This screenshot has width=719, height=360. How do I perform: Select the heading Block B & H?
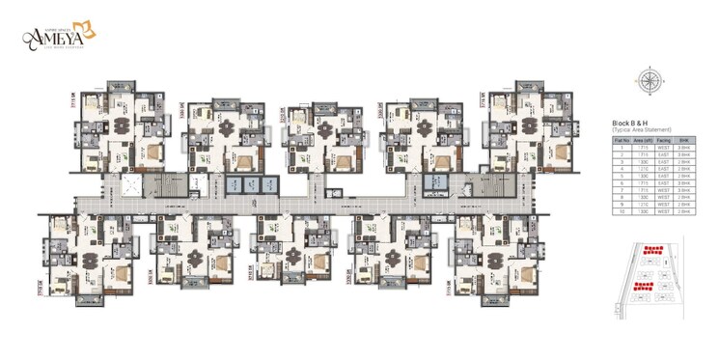[633, 123]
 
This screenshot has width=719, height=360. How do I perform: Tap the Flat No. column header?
[622, 140]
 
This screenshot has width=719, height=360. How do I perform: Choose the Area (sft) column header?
[644, 140]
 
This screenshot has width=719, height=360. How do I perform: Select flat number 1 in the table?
[622, 148]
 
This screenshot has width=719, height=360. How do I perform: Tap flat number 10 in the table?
[622, 210]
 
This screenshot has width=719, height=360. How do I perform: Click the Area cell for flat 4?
[644, 169]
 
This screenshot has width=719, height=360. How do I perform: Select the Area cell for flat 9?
[644, 204]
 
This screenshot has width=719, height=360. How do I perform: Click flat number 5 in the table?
[622, 176]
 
